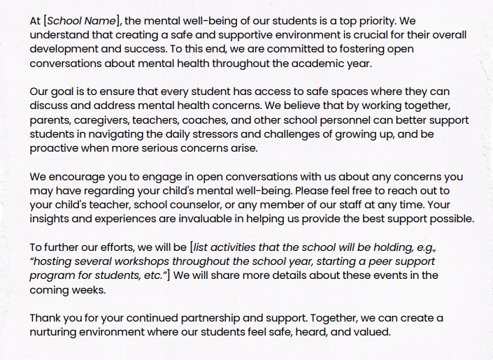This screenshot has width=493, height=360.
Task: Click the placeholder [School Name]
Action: (79, 21)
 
